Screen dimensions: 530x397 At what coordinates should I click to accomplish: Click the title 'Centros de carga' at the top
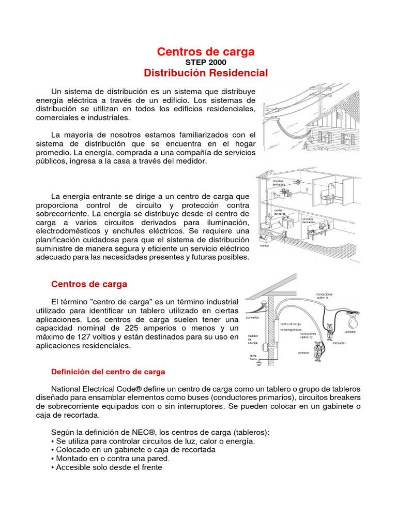(206, 52)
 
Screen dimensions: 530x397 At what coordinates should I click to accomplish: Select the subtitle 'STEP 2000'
(206, 63)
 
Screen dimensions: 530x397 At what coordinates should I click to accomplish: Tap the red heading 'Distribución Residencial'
(206, 73)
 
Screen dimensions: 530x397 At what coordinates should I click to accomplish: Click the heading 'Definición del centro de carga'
(108, 372)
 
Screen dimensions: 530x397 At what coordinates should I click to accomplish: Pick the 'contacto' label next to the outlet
(303, 352)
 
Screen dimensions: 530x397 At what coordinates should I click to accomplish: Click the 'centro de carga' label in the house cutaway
(279, 212)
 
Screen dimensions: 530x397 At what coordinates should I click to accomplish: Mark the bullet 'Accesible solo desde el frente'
(106, 467)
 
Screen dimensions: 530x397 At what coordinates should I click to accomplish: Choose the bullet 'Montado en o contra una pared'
(110, 459)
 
